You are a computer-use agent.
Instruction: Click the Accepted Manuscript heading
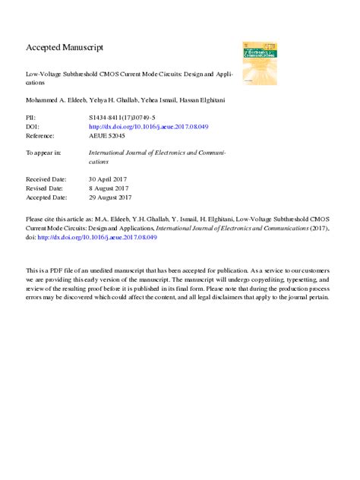(x=65, y=47)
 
